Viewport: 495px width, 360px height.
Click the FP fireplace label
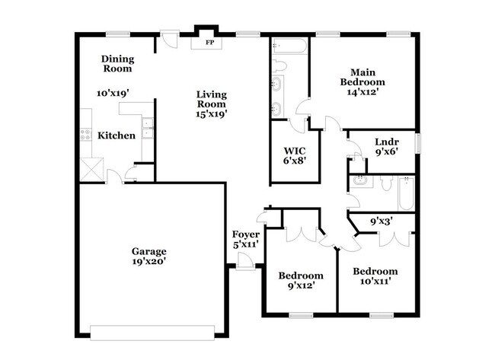click(209, 43)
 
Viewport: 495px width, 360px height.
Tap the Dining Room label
click(117, 64)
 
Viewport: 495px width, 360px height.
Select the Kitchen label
click(117, 136)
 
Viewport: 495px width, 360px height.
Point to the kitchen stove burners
click(85, 136)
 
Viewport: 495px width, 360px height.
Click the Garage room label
click(148, 251)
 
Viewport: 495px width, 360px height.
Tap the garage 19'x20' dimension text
click(148, 262)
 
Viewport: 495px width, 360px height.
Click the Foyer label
click(246, 234)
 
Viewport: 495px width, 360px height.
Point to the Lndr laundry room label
click(387, 141)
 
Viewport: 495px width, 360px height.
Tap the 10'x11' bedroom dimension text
click(375, 282)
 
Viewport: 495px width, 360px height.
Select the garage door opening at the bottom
click(158, 333)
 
